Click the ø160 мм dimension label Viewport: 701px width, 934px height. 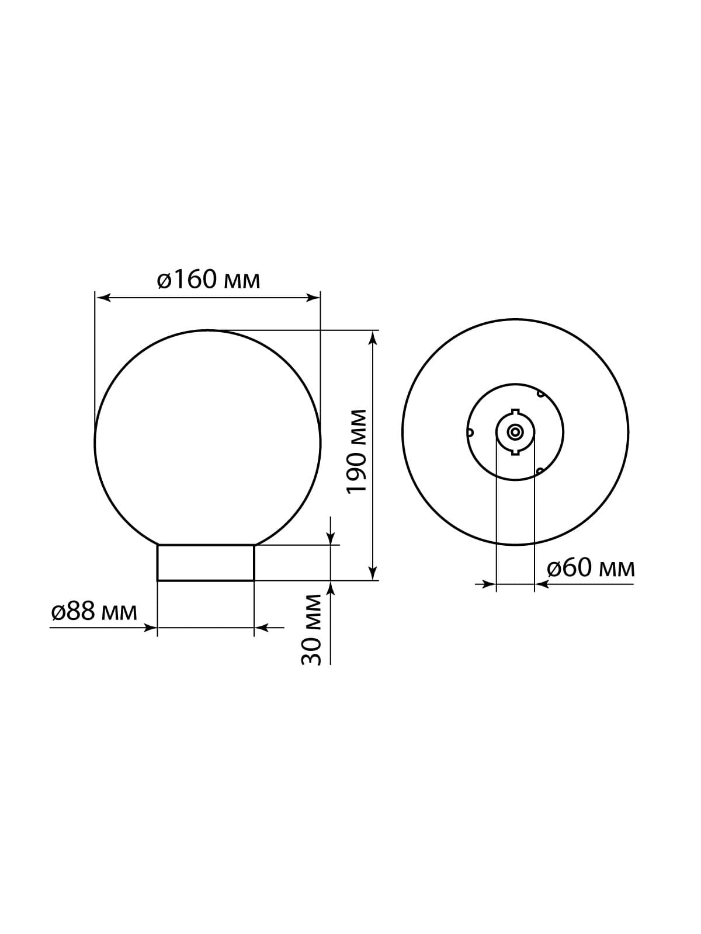[x=209, y=280]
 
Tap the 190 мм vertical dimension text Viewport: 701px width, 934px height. [x=357, y=451]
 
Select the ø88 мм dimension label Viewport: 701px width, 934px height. [x=94, y=612]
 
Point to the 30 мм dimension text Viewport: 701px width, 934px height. [x=311, y=630]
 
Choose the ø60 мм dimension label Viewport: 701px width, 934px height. [x=591, y=568]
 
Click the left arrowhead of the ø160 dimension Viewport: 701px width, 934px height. [x=103, y=298]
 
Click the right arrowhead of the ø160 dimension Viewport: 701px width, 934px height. [x=312, y=298]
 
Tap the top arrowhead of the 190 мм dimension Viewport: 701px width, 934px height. [x=373, y=339]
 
